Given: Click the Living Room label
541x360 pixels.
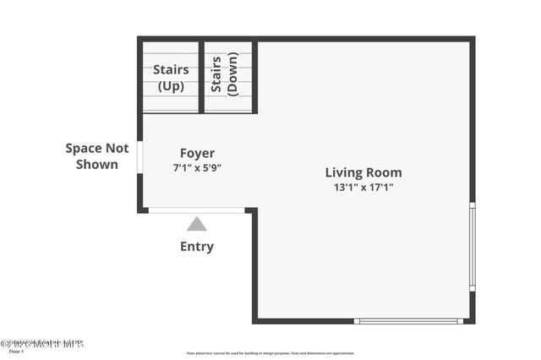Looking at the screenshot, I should point(363,172).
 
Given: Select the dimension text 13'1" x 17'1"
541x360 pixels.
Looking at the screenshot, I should point(363,188).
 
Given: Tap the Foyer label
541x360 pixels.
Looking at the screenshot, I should point(197,153).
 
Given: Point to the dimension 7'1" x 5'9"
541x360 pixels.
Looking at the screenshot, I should point(197,167).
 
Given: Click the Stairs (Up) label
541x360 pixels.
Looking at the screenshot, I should point(170,78).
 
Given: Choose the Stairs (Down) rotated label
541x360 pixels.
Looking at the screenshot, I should point(225,74).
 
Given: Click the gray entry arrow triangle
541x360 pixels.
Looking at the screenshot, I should point(197,224).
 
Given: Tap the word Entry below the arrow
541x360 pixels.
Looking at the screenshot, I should point(197,247).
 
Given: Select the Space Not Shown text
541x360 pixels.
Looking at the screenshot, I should point(97,156).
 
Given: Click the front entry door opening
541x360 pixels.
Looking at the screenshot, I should point(197,210).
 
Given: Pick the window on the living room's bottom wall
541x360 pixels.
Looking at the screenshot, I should point(408,321).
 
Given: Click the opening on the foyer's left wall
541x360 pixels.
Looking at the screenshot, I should point(140,158).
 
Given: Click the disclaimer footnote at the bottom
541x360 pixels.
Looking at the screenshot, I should point(270,353).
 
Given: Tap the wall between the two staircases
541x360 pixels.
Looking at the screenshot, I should point(201,76).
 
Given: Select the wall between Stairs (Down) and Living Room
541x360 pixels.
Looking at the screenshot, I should point(254,76).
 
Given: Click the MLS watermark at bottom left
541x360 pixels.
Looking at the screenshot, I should point(42,344).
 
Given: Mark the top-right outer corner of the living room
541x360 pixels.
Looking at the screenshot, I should point(472,39).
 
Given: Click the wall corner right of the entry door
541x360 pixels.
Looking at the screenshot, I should point(253,210).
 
